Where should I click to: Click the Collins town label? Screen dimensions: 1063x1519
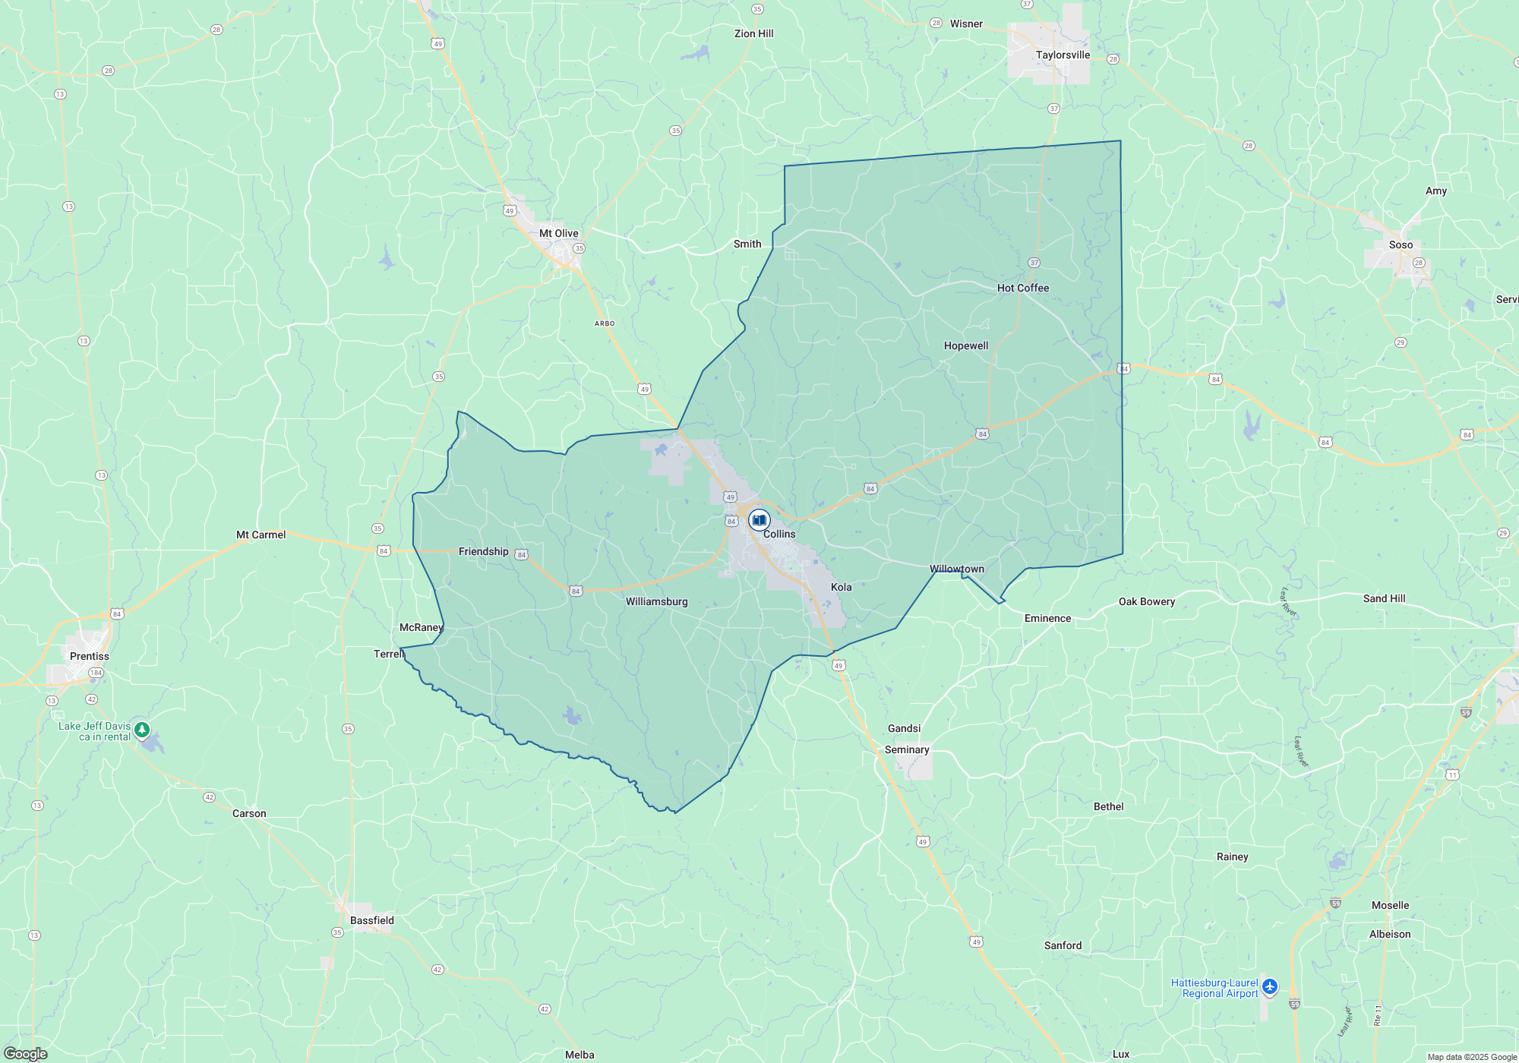tap(779, 534)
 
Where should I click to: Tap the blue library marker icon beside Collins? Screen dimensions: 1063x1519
tap(759, 520)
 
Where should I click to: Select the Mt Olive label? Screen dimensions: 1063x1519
tap(558, 233)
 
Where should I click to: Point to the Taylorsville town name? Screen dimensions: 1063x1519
tap(1063, 55)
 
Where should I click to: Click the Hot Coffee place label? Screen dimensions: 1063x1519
tap(1022, 288)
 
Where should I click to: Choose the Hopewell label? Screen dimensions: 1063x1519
tap(965, 345)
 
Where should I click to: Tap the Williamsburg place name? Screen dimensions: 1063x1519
tap(656, 601)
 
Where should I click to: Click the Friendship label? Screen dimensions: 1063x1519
tap(483, 551)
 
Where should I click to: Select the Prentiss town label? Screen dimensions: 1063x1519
tap(89, 656)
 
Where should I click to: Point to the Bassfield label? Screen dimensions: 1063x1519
tap(371, 920)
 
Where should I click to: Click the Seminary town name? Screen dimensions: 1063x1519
tap(906, 749)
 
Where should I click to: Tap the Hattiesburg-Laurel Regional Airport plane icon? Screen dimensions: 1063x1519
tap(1270, 987)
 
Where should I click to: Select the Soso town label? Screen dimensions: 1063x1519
tap(1401, 244)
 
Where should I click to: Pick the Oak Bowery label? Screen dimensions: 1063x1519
tap(1146, 601)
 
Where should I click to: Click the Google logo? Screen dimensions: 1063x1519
tap(25, 1053)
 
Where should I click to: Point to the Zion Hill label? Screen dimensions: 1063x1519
tap(753, 33)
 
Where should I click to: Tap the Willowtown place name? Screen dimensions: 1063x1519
tap(956, 569)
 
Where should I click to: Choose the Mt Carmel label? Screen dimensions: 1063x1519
tap(261, 535)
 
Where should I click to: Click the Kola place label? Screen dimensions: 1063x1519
tap(841, 587)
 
